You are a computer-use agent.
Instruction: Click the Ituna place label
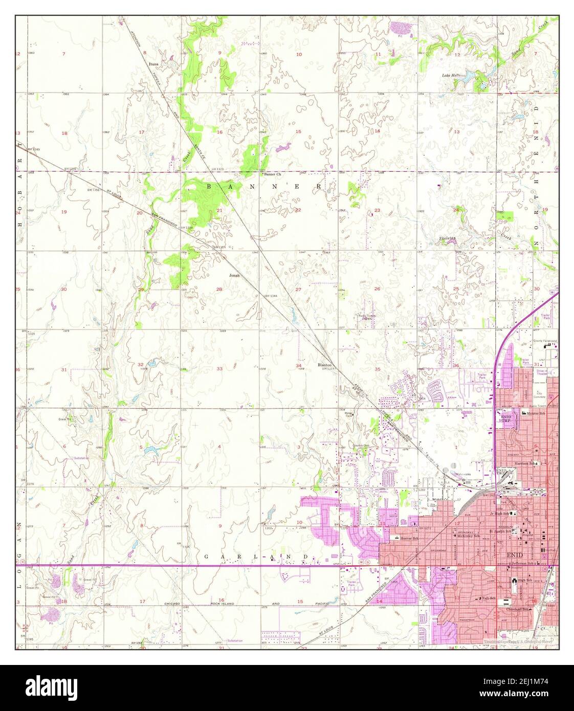[x=153, y=64]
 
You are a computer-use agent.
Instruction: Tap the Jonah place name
[x=234, y=275]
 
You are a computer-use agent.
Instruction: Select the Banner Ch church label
[x=272, y=174]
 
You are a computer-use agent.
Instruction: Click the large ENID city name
[x=515, y=554]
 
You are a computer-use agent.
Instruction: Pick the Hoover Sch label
[x=410, y=539]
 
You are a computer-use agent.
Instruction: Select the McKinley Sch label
[x=468, y=536]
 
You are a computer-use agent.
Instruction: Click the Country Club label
[x=361, y=446]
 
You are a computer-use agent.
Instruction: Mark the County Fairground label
[x=545, y=341]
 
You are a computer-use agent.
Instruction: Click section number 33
[x=219, y=368]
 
